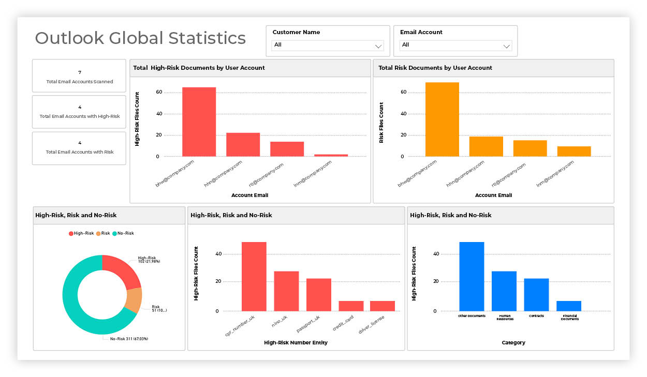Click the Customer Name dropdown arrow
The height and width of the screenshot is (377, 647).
point(378,46)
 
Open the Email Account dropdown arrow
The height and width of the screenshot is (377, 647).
point(506,46)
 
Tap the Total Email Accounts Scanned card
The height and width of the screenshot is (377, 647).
point(79,77)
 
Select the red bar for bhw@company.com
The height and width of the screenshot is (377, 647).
point(199,122)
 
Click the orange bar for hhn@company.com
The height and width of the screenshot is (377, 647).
point(486,146)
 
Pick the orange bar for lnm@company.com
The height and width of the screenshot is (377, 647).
point(574,151)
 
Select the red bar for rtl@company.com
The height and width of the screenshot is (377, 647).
point(287,149)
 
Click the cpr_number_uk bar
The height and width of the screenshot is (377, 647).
point(254,277)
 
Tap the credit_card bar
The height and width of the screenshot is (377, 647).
point(351,306)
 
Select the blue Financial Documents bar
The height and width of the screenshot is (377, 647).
point(568,306)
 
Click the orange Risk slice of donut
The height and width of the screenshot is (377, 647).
point(134,300)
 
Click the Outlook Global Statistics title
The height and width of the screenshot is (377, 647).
point(140,38)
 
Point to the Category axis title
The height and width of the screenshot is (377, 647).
point(513,342)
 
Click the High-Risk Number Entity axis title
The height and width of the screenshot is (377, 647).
point(296,342)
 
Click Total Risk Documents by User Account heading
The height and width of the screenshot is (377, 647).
point(435,68)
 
